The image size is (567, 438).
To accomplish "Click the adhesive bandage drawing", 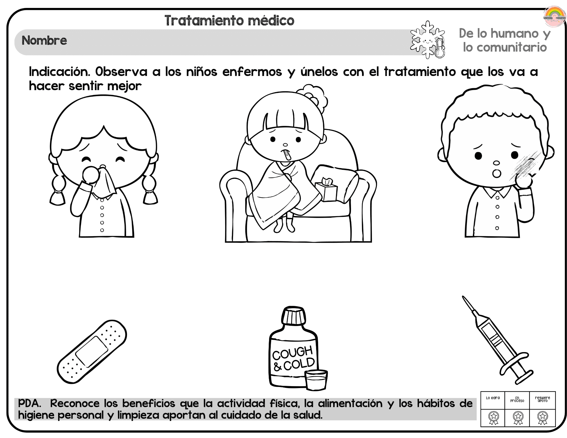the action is pos(92,352).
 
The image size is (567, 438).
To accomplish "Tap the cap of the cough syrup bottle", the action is pos(293,316).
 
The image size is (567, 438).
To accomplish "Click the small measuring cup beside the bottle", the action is pos(316,380).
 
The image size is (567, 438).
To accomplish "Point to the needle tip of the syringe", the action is pos(463,297).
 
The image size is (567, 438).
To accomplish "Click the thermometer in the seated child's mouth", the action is pos(286,155).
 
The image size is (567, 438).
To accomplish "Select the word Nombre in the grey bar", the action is pos(45,41).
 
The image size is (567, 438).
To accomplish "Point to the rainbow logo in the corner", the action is pos(555,16).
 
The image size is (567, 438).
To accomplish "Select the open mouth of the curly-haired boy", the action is pos(497,173).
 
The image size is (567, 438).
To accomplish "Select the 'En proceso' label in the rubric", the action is pos(517,399).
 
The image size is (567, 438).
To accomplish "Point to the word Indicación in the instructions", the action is pos(60,72).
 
